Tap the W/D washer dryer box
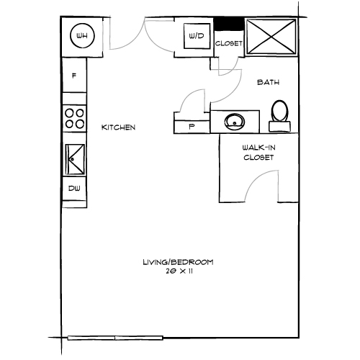(194, 35)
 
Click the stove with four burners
(74, 117)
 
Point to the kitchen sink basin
(75, 156)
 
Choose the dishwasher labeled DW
(74, 189)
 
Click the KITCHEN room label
(118, 127)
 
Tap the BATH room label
(268, 83)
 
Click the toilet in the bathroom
(279, 114)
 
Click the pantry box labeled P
(191, 125)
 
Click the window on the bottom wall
(115, 337)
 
